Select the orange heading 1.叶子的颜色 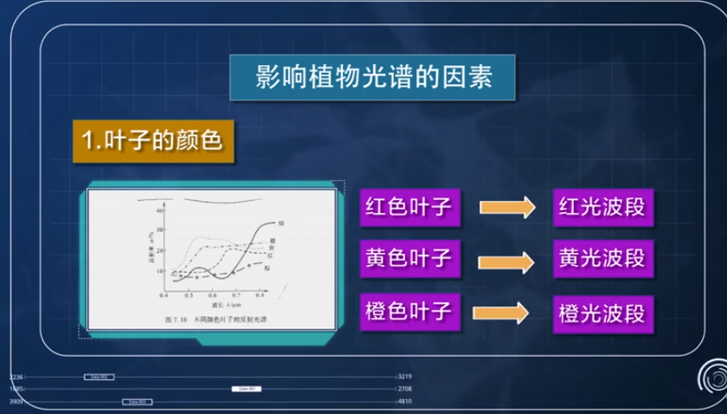coord(152,141)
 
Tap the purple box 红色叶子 coord(409,208)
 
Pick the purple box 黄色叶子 coord(409,257)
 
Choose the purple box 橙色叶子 coord(409,308)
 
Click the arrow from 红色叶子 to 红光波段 coord(507,208)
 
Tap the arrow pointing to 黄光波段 coord(507,259)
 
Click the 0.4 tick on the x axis coord(164,296)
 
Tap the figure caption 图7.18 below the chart coord(177,319)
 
